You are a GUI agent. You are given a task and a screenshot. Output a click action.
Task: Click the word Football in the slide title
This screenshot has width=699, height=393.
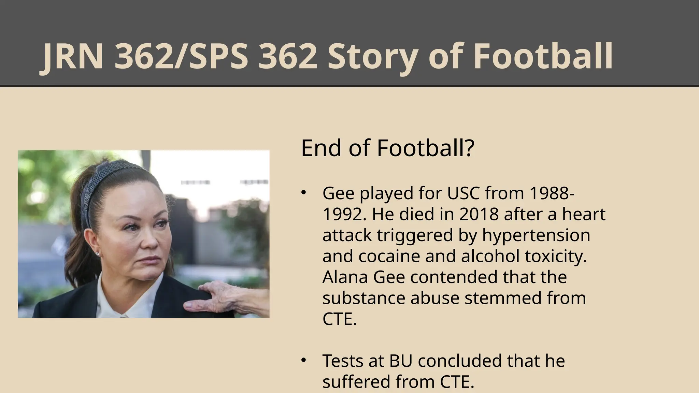point(543,56)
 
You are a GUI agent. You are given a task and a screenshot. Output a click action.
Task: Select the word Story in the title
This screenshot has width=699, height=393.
point(372,56)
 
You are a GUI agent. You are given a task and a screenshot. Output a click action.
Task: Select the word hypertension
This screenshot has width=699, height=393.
point(536,235)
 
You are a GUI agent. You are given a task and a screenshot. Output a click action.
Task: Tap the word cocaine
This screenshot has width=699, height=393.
point(389,256)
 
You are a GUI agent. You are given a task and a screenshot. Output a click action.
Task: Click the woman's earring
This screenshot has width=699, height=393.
point(98,254)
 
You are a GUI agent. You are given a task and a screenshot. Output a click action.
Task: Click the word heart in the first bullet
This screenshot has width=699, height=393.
point(584,214)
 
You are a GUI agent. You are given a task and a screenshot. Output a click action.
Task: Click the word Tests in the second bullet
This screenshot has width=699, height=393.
point(343,361)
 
